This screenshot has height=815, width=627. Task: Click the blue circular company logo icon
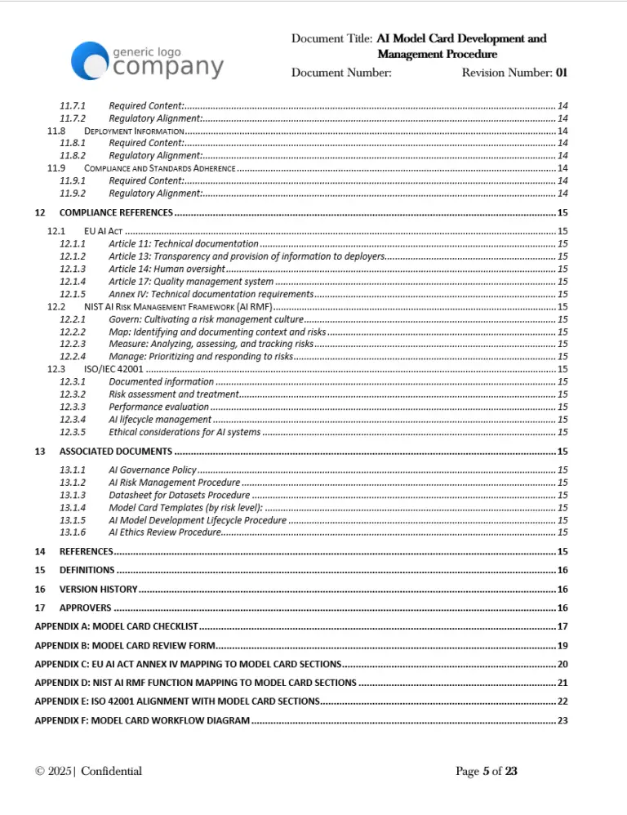coord(89,61)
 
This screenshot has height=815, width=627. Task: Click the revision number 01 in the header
coord(562,73)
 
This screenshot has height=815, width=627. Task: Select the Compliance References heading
coord(116,212)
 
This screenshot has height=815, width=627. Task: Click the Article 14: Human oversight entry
coord(167,269)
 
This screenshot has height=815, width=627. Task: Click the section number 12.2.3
coord(73,344)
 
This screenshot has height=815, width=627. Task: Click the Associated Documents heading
coord(115,451)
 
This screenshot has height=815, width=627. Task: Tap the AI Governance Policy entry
coord(153,470)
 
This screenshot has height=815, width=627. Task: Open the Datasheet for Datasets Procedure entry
coord(179,495)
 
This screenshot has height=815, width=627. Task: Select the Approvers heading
coord(85,608)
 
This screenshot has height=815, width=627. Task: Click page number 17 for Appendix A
coord(562,626)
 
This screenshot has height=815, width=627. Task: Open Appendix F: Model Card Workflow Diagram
coord(142,720)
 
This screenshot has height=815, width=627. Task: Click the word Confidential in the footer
coord(111,771)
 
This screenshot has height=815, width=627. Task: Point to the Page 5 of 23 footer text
coord(486,771)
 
